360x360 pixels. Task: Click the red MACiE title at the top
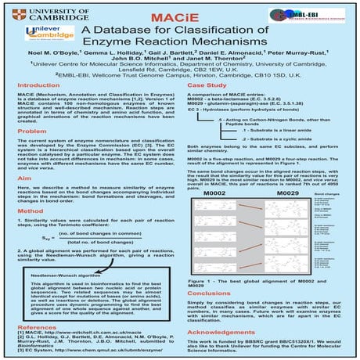[180, 13]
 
